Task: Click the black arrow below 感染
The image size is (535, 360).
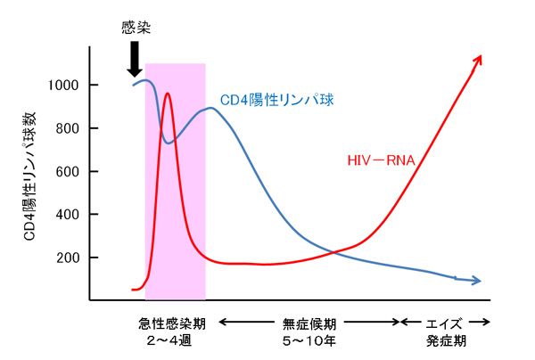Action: [x=134, y=59]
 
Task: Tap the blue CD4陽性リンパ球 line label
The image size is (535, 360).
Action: [x=276, y=100]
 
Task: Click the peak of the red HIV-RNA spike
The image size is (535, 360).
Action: [x=167, y=94]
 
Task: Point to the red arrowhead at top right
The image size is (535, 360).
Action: [x=479, y=60]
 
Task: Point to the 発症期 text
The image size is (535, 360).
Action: [x=445, y=340]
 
